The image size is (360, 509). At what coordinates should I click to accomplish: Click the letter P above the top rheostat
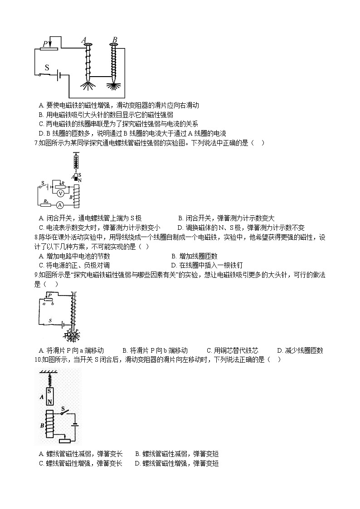44,44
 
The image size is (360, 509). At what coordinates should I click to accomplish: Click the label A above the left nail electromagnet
84,40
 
